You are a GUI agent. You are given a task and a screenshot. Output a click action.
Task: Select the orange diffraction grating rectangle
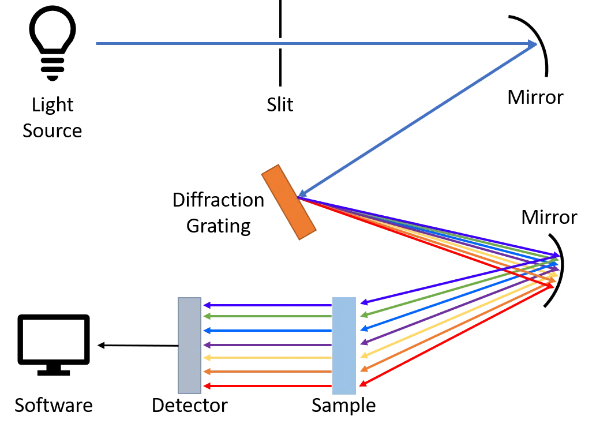tap(289, 202)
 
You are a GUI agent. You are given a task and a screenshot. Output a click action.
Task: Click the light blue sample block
tap(344, 345)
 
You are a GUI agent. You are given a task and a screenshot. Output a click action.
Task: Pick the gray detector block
tap(189, 345)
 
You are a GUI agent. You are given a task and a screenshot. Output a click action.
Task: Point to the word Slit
tap(280, 105)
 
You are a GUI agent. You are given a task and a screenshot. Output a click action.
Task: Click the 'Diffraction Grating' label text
tap(218, 213)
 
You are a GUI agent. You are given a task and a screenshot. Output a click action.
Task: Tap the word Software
tap(54, 405)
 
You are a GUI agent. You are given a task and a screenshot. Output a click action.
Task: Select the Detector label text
tap(189, 405)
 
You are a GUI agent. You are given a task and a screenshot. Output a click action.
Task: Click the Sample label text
tap(343, 405)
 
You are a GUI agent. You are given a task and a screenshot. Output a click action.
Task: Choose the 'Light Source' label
tap(53, 118)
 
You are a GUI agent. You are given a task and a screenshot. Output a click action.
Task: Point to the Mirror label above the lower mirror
tap(549, 218)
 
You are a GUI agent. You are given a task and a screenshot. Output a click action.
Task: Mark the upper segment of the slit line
tap(280, 17)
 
